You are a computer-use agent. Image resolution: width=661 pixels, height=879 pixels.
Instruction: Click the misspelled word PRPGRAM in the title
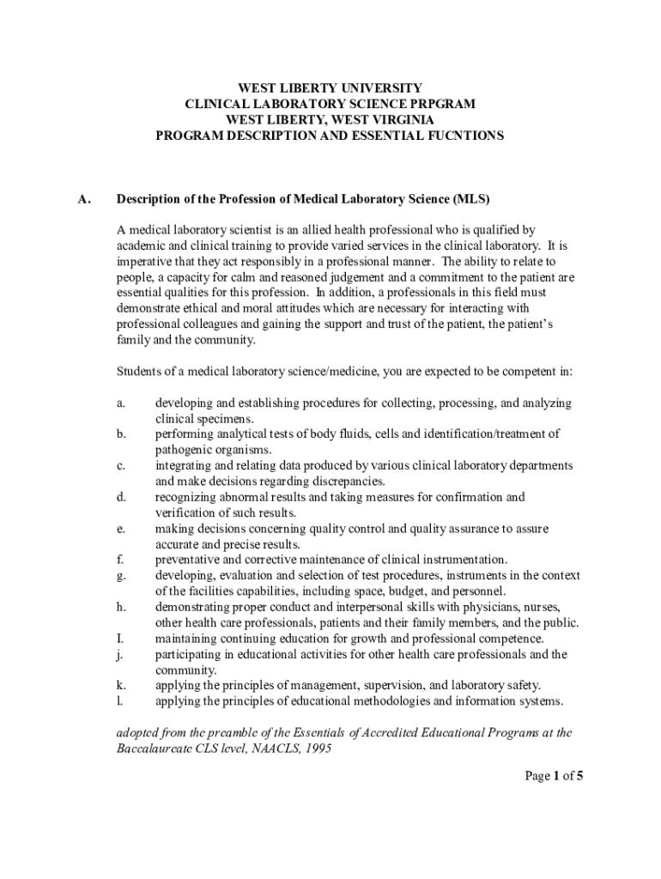click(444, 104)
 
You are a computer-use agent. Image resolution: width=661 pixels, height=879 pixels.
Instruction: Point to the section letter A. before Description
click(84, 199)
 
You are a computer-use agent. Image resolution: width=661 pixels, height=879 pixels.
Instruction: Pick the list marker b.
click(121, 434)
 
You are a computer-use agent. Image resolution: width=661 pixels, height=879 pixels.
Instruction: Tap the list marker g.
click(121, 575)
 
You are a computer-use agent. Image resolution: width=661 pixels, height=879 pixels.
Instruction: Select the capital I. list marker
click(121, 639)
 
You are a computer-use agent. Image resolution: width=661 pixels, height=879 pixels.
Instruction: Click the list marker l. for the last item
click(119, 701)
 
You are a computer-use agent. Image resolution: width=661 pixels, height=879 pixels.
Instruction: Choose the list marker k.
click(121, 686)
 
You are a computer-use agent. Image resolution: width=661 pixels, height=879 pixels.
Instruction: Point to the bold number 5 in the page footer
click(579, 777)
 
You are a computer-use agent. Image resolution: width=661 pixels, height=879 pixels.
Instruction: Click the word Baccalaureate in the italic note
click(157, 749)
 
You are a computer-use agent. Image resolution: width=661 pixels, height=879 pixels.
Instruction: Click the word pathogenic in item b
click(184, 450)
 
